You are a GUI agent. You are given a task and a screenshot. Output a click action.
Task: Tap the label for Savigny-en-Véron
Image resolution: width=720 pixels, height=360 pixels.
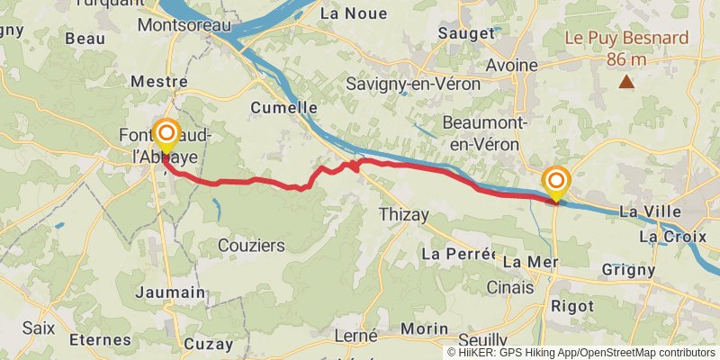click(414, 84)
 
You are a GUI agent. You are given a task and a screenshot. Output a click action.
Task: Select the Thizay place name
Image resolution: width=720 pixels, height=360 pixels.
click(404, 214)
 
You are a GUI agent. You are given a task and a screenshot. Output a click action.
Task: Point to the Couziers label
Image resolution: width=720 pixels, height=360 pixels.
click(251, 245)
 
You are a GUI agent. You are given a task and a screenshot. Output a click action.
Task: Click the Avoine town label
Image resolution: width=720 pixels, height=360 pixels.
click(511, 65)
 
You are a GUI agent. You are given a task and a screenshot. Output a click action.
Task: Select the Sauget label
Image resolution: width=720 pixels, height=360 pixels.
click(465, 33)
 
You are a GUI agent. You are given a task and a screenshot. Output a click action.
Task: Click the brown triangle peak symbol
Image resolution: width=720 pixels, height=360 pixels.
click(626, 83)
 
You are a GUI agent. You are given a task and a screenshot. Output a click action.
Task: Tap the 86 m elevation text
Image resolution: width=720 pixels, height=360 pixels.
click(626, 59)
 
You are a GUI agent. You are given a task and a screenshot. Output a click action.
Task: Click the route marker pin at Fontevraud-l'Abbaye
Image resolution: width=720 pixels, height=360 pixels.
click(166, 137)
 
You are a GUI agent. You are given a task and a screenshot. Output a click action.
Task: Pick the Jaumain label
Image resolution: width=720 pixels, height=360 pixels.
click(170, 292)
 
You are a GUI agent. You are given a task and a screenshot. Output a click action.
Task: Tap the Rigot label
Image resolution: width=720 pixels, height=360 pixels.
click(572, 306)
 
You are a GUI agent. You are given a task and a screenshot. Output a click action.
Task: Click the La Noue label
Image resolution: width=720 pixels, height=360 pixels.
click(354, 13)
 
